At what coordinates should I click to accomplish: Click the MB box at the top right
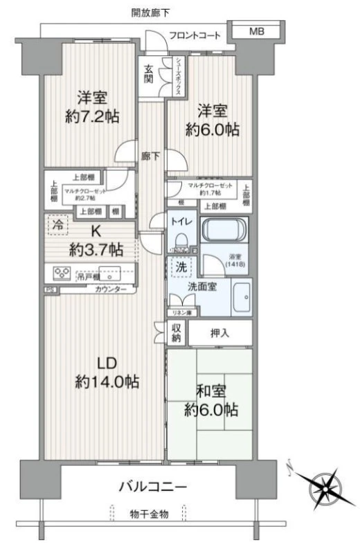[x=257, y=32]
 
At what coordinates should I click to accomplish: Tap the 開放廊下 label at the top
[x=152, y=12]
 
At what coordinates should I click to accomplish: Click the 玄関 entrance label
[x=149, y=73]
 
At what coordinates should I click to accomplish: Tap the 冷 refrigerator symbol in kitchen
[x=58, y=224]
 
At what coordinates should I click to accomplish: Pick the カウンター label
[x=111, y=288]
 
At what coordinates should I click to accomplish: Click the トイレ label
[x=181, y=223]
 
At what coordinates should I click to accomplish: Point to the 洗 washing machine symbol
[x=179, y=266]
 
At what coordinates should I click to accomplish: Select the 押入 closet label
[x=221, y=333]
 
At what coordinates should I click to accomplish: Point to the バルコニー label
[x=154, y=486]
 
